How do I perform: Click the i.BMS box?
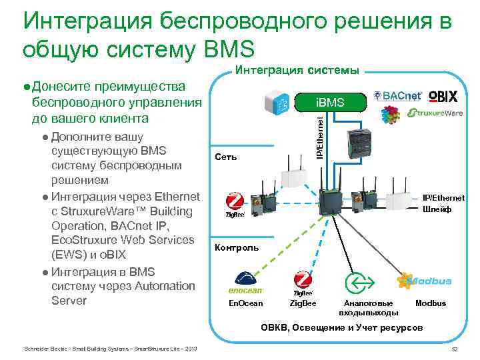point(331,103)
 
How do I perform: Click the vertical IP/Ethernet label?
point(320,137)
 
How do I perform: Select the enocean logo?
point(246,283)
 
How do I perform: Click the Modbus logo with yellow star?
point(423,282)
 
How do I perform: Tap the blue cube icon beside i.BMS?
point(279,103)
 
